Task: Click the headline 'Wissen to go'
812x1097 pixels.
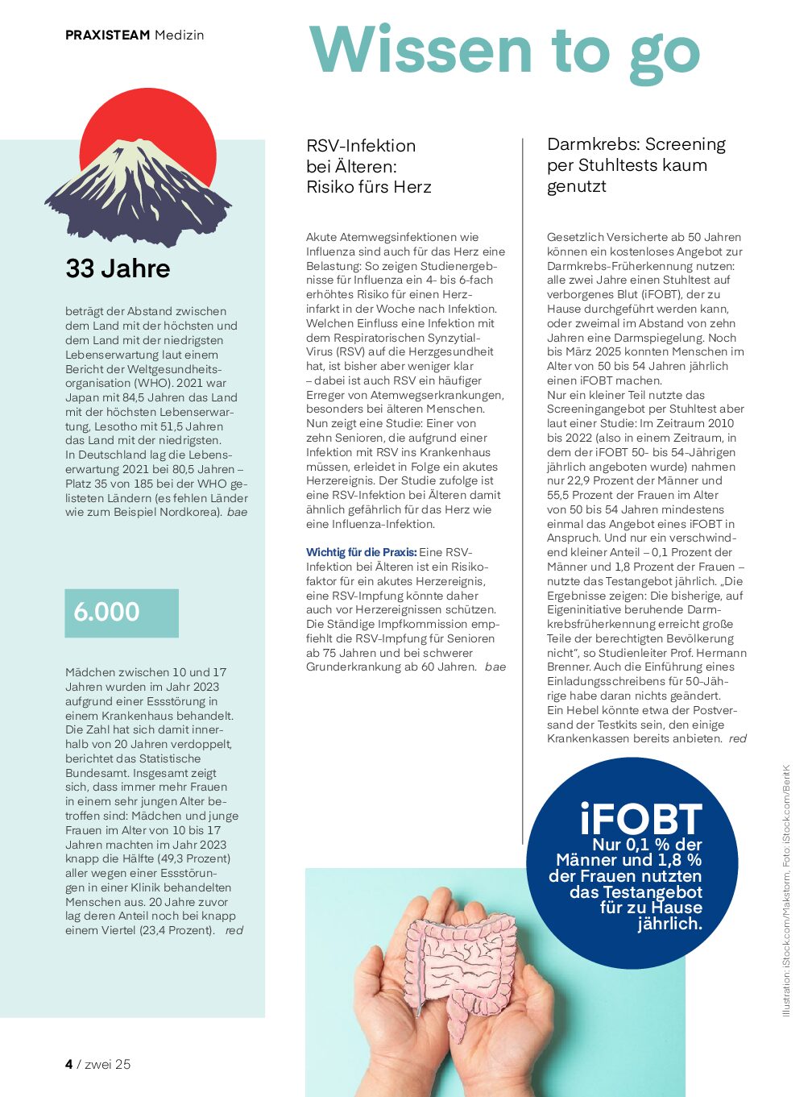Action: tap(504, 50)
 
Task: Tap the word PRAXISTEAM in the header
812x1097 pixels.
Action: tap(108, 35)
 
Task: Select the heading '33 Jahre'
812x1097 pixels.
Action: tap(118, 268)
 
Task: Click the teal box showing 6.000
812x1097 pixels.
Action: tap(122, 613)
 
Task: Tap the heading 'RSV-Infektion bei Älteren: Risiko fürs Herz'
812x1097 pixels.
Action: tap(368, 166)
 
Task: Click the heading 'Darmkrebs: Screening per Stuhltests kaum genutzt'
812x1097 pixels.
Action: tap(636, 165)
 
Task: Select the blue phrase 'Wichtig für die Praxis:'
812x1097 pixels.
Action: tap(361, 552)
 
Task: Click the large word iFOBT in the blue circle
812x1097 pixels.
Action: tap(640, 819)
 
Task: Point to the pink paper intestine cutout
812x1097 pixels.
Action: tap(459, 964)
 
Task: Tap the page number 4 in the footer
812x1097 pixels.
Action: tap(69, 1064)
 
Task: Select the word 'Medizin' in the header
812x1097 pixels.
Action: tap(180, 35)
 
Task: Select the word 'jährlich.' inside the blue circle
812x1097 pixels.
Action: tap(669, 924)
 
